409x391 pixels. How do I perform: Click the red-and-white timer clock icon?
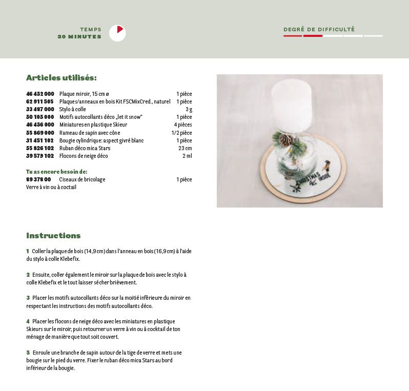[x=117, y=33]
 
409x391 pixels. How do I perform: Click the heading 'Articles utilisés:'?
[x=62, y=78]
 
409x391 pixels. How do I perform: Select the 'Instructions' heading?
[x=53, y=236]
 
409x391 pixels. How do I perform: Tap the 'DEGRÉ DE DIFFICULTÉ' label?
[x=319, y=30]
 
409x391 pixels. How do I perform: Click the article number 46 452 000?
[x=40, y=94]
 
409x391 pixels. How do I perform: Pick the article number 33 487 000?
[x=40, y=109]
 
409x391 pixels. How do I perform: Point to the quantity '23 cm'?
[x=185, y=148]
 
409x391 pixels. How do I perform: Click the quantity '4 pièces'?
[x=182, y=125]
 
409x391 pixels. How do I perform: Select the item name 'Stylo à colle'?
[x=73, y=109]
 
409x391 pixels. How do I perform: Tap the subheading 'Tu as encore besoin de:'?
[x=57, y=172]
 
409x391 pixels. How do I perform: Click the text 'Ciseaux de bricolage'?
[x=82, y=179]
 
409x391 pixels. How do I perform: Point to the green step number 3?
[x=28, y=298]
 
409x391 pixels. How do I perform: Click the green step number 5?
[x=28, y=353]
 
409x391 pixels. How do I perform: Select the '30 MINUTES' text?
[x=79, y=37]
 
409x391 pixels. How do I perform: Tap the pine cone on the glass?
[x=285, y=139]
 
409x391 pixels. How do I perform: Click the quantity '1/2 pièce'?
[x=181, y=133]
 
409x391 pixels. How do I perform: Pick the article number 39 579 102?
[x=40, y=156]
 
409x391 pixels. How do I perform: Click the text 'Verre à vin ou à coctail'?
[x=51, y=187]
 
